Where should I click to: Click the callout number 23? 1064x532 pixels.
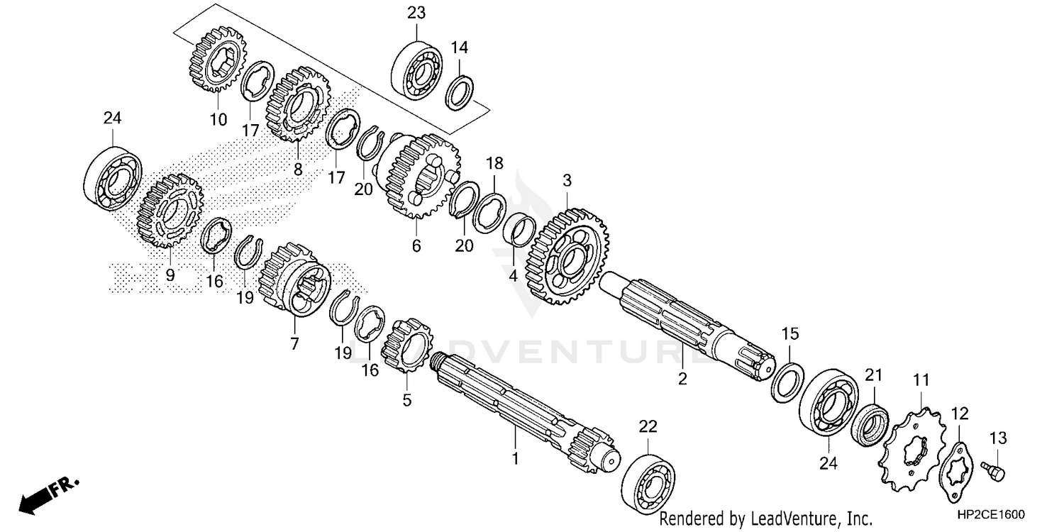tap(416, 12)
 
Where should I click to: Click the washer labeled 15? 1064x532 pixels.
tap(787, 382)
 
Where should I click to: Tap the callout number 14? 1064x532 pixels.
tap(459, 48)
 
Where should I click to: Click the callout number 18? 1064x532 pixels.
tap(494, 164)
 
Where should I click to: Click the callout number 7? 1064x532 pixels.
tap(294, 343)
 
